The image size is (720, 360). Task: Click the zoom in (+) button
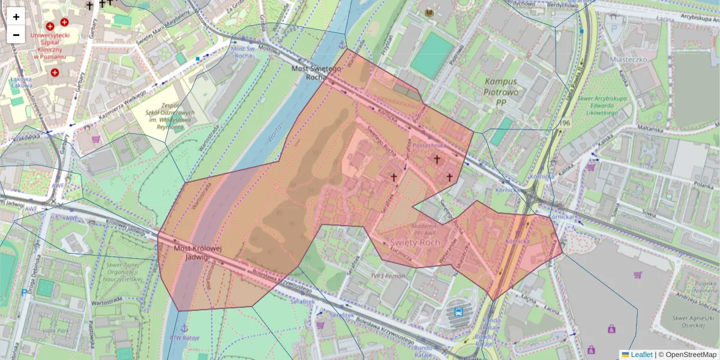[x=16, y=17]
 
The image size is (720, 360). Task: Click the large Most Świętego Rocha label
[x=316, y=73]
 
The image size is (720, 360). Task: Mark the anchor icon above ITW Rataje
[x=185, y=328]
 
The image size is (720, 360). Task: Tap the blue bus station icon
[x=459, y=311]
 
